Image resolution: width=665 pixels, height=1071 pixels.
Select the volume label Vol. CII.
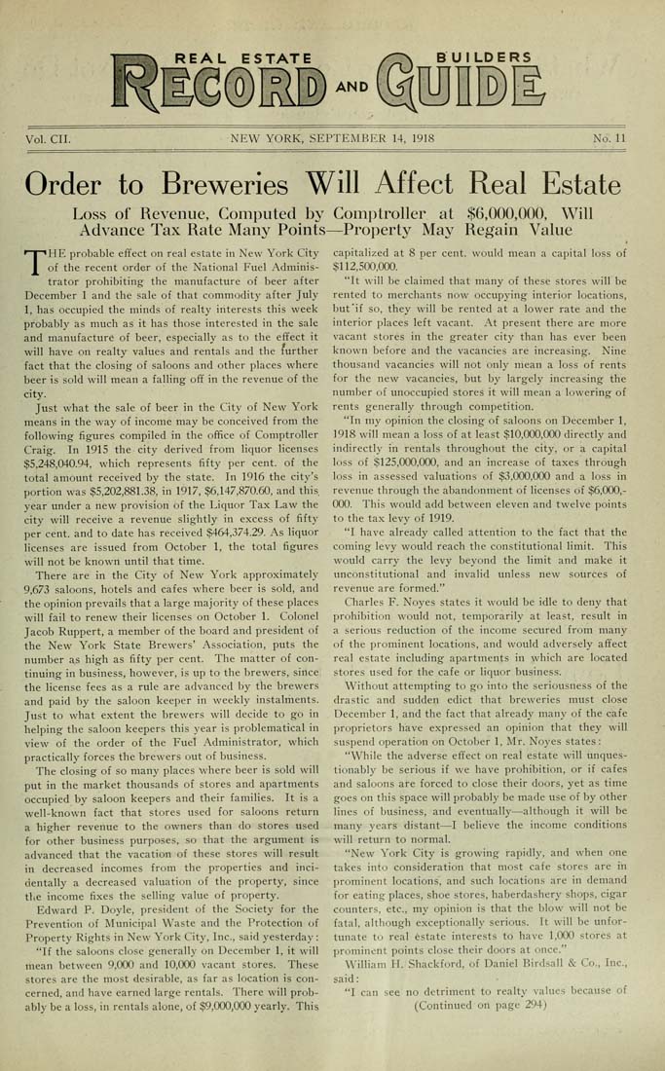click(48, 139)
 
